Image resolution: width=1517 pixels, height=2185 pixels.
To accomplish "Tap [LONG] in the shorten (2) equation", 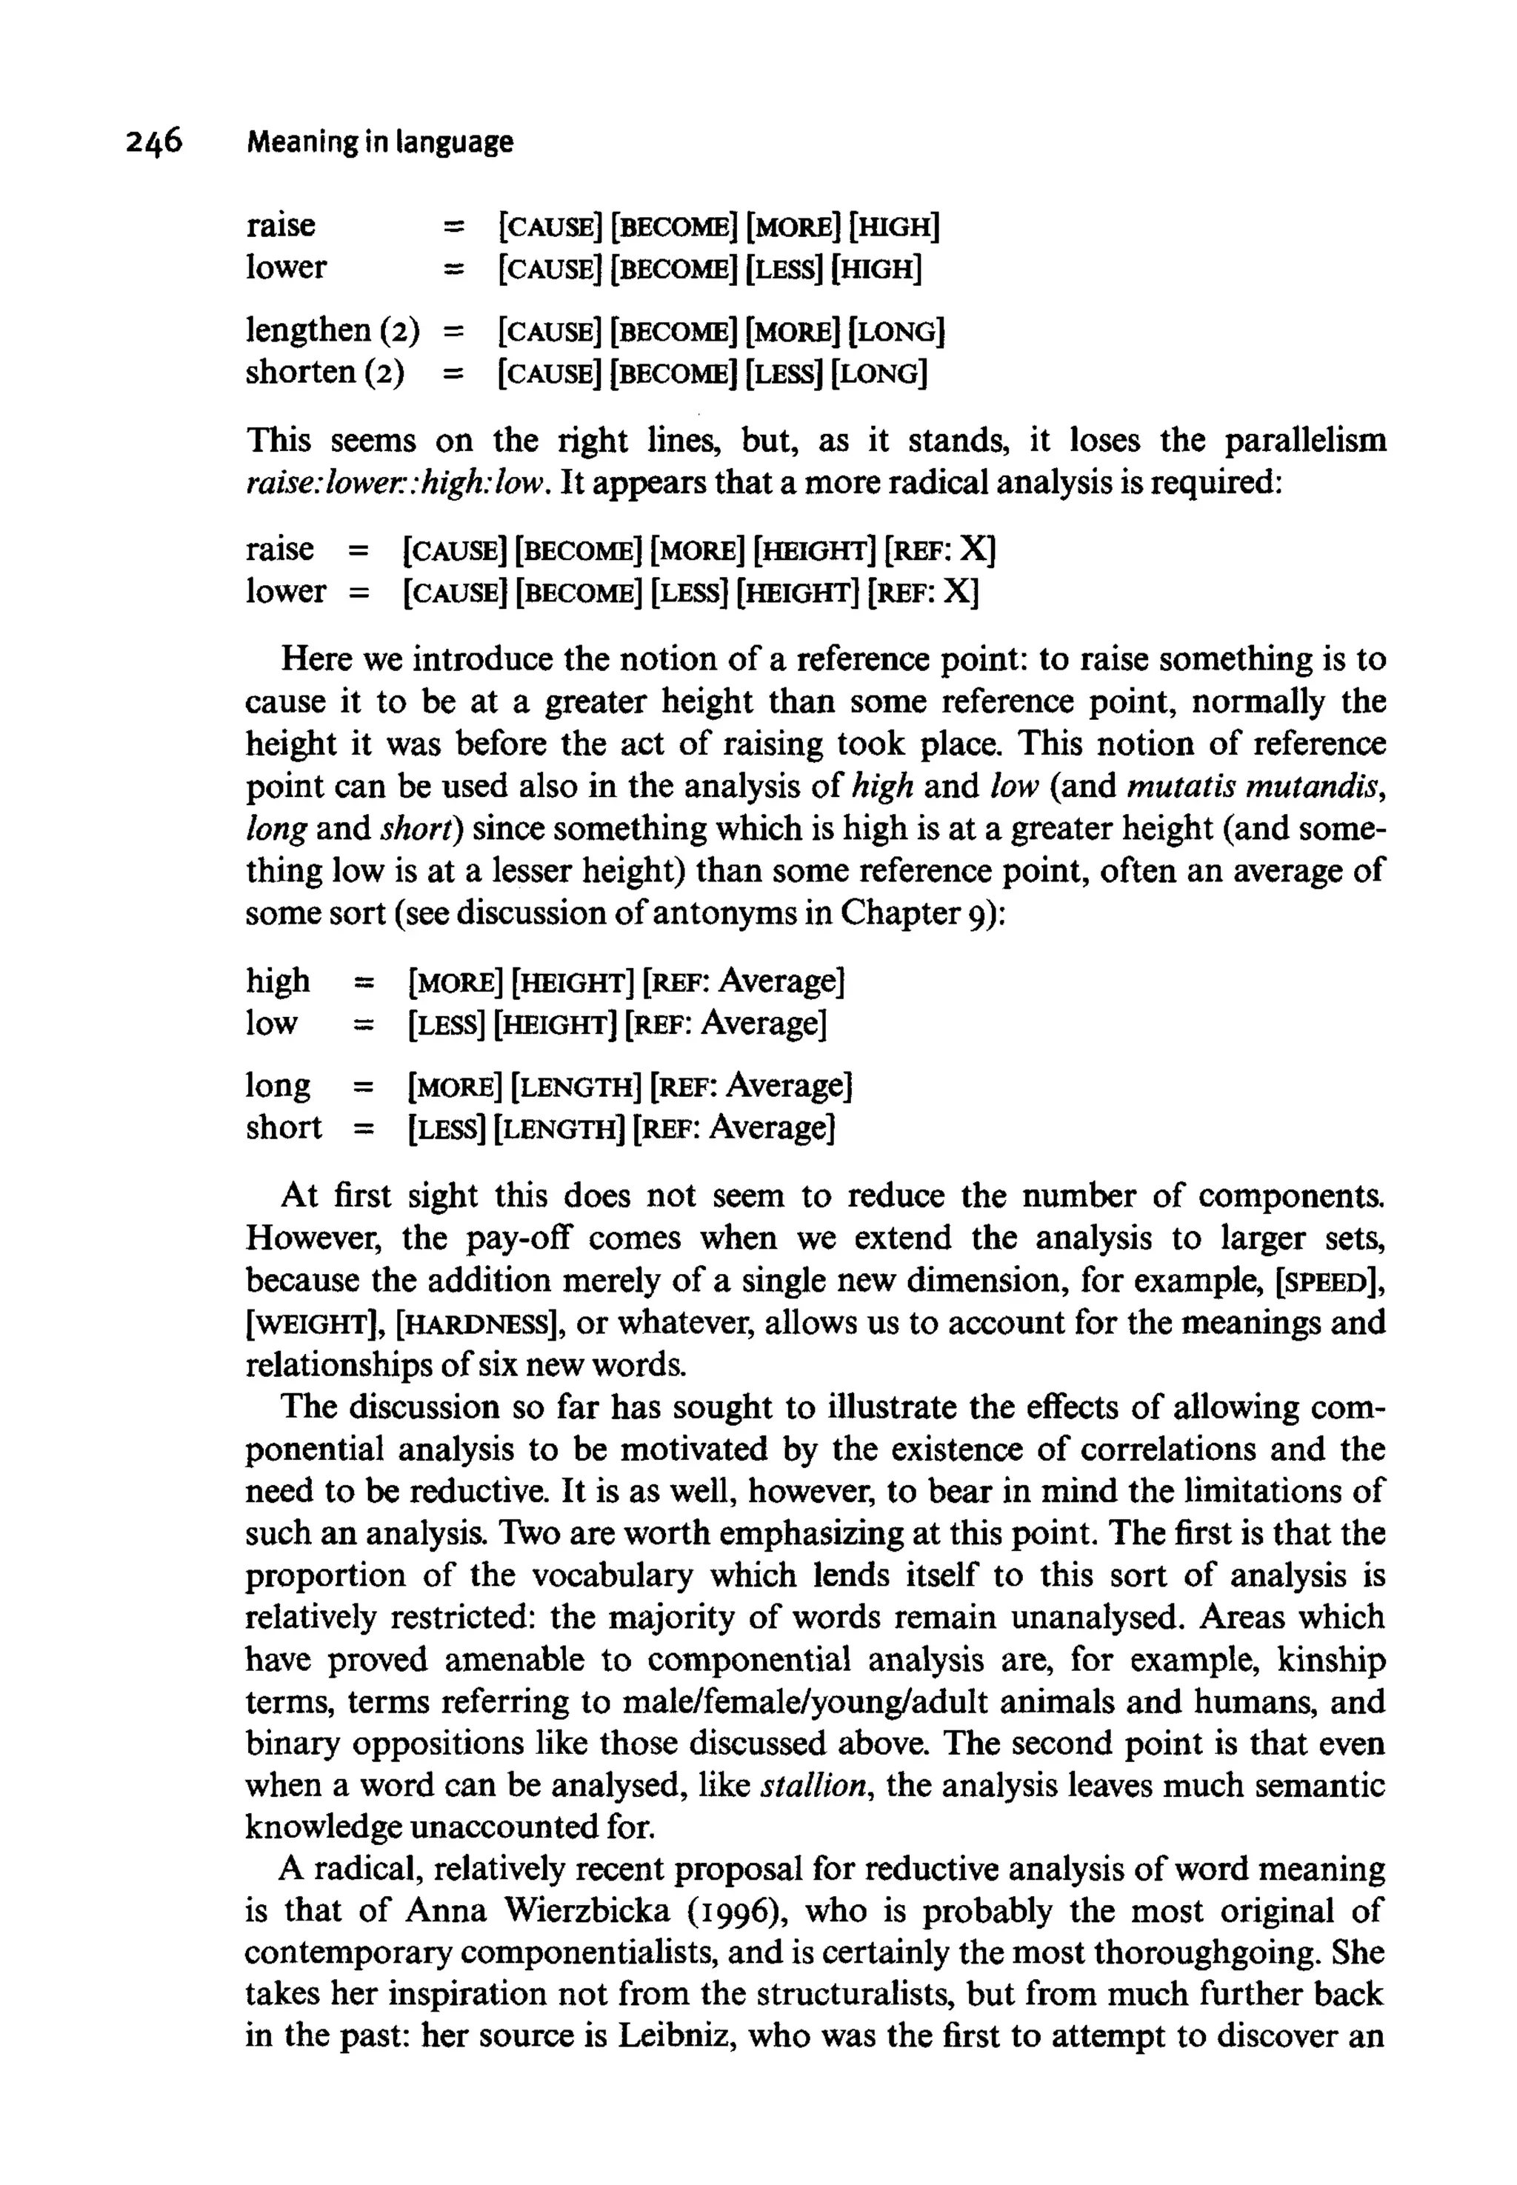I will point(878,373).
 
